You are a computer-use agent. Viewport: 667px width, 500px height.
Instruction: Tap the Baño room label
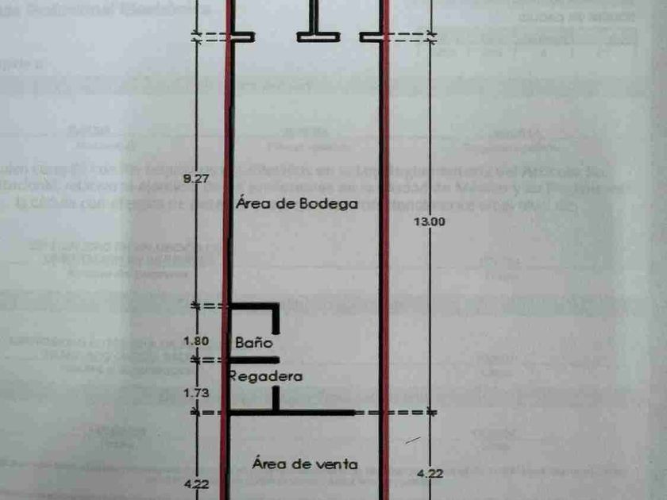[x=253, y=343]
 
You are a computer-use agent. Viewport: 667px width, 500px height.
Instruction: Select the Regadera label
[x=265, y=377]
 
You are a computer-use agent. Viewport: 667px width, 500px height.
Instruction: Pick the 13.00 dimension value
[x=430, y=223]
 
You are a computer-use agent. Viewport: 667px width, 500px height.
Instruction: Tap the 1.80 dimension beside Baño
[x=195, y=341]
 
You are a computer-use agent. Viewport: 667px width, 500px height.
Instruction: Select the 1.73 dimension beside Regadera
[x=195, y=391]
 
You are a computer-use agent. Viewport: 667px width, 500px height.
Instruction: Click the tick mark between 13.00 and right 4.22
[x=430, y=412]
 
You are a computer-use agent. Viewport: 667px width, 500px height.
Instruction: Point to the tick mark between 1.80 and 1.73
[x=196, y=359]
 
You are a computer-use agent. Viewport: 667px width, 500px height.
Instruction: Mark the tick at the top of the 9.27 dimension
[x=196, y=36]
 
